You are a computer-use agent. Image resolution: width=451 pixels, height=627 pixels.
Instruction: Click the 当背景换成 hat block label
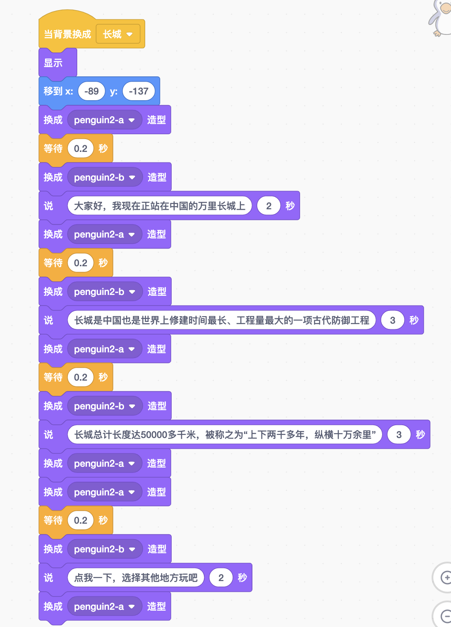(x=67, y=34)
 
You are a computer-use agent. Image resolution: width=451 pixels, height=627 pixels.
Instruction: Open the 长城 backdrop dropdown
(x=118, y=34)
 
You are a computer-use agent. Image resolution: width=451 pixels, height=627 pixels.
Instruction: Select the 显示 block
(x=53, y=63)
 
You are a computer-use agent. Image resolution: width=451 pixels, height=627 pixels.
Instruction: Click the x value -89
(x=91, y=91)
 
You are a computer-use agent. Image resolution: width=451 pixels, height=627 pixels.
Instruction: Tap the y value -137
(x=139, y=91)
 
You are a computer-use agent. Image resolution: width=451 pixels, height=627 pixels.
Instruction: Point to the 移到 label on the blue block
(x=53, y=91)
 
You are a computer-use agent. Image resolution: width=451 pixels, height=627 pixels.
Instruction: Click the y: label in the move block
(x=113, y=91)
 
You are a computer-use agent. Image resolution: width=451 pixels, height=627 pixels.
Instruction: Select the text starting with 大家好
(x=159, y=206)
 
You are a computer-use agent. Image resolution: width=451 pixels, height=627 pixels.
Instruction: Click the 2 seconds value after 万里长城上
(x=269, y=206)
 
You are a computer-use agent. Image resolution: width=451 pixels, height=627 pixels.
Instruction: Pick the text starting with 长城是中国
(x=222, y=320)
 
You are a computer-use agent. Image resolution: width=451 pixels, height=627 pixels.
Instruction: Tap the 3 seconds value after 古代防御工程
(x=392, y=320)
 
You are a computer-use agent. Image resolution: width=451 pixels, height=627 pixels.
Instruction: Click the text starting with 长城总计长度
(x=225, y=434)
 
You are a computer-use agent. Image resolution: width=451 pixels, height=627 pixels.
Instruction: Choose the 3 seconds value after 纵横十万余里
(x=399, y=434)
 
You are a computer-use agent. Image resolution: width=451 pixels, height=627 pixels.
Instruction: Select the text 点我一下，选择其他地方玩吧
(x=135, y=578)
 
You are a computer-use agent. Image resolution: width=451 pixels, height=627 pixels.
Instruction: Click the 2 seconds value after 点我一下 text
(x=221, y=578)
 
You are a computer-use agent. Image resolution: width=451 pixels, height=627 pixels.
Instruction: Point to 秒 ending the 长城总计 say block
(x=420, y=434)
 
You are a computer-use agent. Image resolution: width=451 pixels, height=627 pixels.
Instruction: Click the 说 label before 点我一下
(x=49, y=578)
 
